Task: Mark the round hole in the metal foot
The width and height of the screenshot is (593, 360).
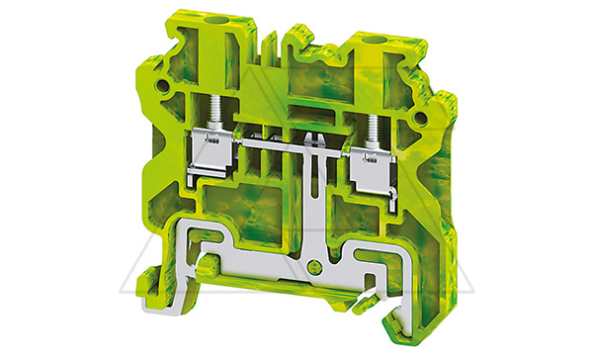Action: click(315, 266)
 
